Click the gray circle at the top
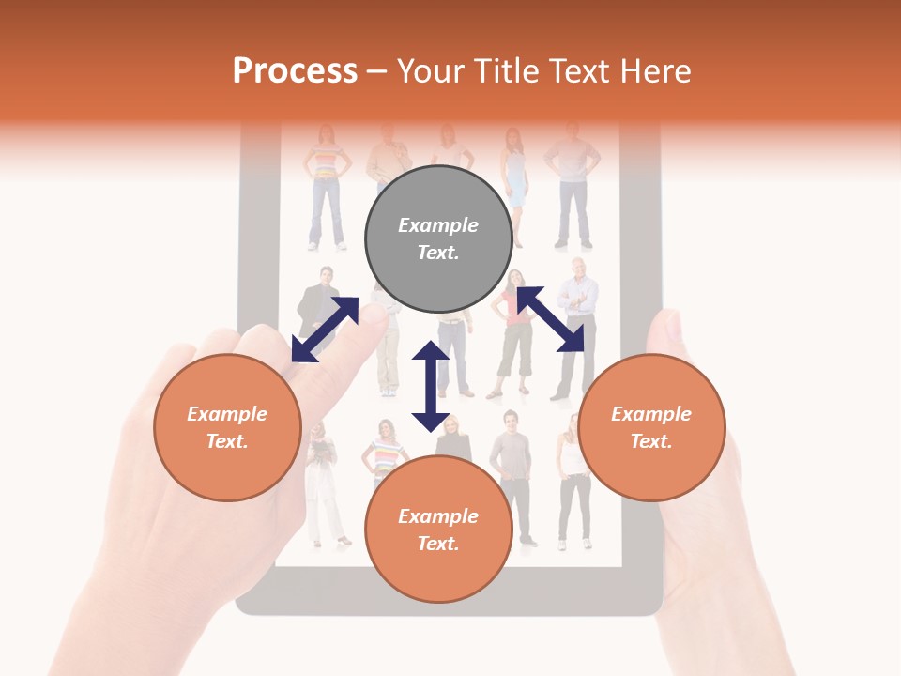pos(438,238)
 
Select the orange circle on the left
pos(227,427)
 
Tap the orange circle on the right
pos(651,427)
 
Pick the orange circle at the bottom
pos(438,530)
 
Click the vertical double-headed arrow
pos(431,387)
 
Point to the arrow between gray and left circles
pos(325,329)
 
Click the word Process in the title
pos(295,71)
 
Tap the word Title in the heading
pos(507,71)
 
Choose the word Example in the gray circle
pos(438,225)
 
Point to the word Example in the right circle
pos(651,414)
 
